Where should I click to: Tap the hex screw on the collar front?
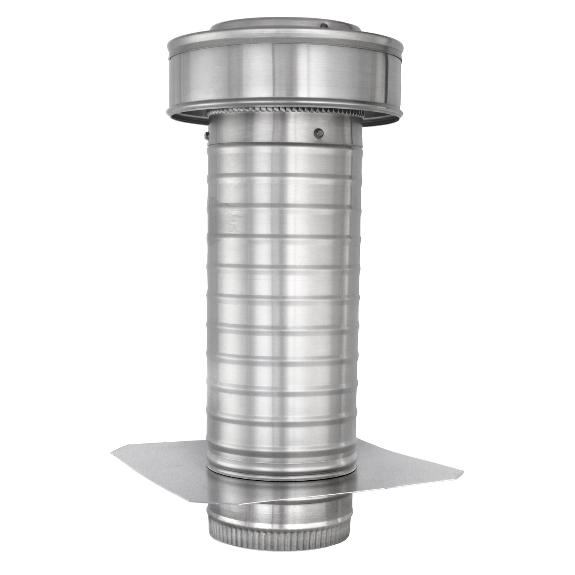tap(318, 131)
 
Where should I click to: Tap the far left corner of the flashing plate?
tap(112, 451)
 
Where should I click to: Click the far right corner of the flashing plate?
tap(463, 472)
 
